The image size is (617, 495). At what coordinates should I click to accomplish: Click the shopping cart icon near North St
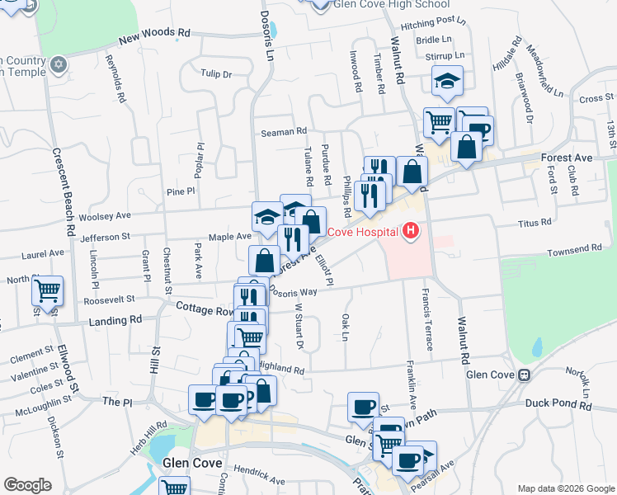[48, 290]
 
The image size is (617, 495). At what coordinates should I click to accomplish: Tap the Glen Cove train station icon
[524, 375]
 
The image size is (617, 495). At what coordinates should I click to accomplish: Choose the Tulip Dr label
[216, 73]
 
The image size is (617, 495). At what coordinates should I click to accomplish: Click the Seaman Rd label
[284, 131]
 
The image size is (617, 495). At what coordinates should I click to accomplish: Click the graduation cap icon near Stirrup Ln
[447, 80]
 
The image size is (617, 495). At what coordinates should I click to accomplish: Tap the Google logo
[27, 485]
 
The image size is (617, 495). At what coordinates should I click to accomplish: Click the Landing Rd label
[118, 318]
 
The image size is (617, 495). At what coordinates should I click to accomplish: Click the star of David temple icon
[58, 64]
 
